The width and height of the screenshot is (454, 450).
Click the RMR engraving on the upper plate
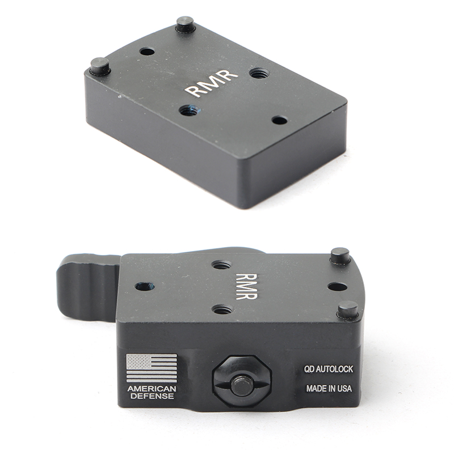coord(212,83)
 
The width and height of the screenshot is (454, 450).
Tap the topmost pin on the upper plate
coord(186,24)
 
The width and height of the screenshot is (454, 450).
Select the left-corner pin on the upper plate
coord(100,67)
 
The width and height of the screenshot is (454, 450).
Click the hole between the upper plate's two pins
coord(147,52)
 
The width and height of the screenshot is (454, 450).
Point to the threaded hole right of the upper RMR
coord(260,73)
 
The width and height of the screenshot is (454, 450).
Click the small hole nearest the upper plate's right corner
coord(280,120)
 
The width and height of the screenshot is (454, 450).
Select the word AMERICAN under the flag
coord(152,388)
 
